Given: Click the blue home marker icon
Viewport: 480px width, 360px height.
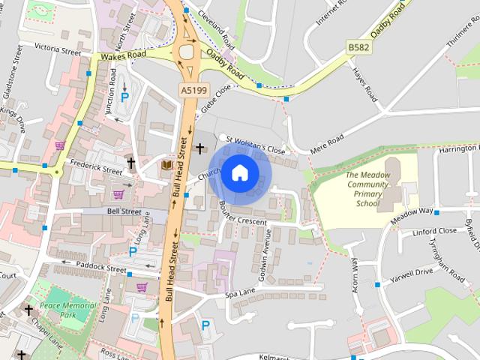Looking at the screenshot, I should point(239,173).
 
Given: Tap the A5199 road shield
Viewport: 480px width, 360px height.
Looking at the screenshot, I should point(193,90).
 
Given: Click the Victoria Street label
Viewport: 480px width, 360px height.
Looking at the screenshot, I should point(58,50).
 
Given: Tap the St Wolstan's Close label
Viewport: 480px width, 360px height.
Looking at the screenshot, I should point(256,144).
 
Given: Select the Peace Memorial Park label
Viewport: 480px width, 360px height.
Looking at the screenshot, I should point(67,310).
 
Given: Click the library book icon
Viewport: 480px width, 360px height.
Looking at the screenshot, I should point(166,164).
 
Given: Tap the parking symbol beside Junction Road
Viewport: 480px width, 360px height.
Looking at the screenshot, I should point(125,97).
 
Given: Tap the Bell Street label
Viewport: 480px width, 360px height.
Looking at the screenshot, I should point(124,212).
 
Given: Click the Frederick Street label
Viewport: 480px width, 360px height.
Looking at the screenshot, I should point(95,166).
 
